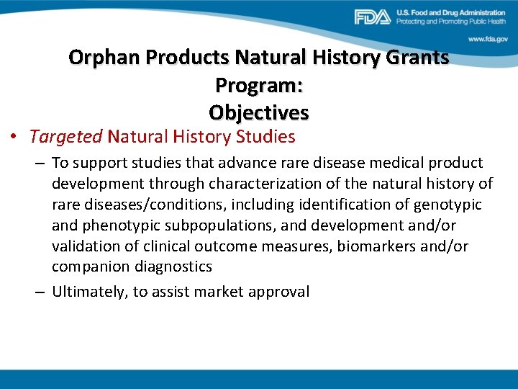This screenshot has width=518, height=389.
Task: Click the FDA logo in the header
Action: [372, 17]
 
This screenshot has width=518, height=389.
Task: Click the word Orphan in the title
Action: [104, 58]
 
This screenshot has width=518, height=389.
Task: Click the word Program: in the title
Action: [259, 85]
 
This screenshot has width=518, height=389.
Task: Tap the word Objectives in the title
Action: [259, 113]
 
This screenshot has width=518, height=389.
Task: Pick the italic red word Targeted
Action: [67, 136]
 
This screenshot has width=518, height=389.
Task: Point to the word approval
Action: [280, 292]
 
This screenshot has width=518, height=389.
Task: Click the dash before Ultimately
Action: [40, 292]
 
